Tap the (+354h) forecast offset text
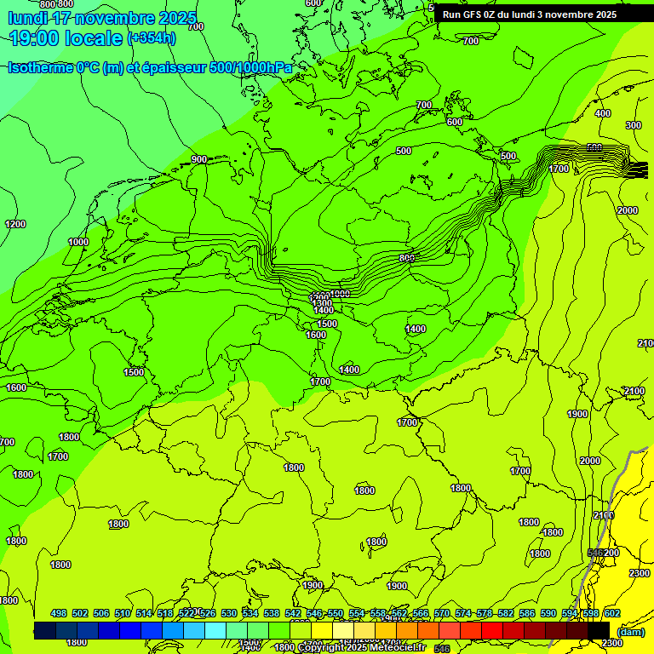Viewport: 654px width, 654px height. point(152,37)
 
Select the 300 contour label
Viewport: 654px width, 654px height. point(633,125)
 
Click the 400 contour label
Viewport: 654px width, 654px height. point(603,113)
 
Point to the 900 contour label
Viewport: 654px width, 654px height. point(199,159)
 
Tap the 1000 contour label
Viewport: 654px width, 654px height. point(78,242)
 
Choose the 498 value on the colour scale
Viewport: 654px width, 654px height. point(59,613)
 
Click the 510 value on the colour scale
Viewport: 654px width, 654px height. point(123,613)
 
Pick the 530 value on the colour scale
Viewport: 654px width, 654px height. point(229,613)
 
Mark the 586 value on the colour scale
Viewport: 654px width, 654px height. point(527,613)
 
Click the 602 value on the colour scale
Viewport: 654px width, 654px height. point(612,613)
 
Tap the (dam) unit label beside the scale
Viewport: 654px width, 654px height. point(630,631)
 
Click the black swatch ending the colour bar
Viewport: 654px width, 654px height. point(599,630)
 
